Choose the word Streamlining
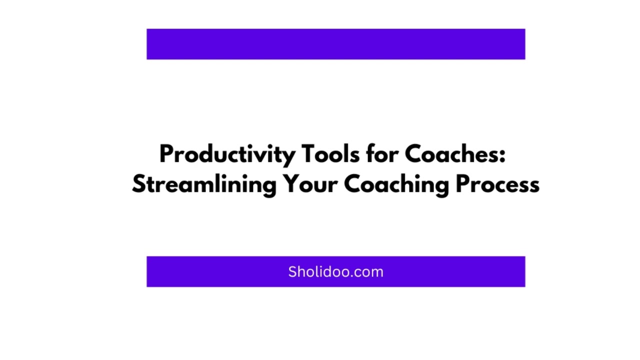click(x=204, y=185)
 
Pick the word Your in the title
click(x=310, y=184)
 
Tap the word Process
click(x=497, y=184)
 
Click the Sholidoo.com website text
click(x=335, y=272)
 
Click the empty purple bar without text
click(x=335, y=44)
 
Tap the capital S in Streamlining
click(x=138, y=184)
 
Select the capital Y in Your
click(x=291, y=184)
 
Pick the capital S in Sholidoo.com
click(x=292, y=272)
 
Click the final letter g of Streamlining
click(x=269, y=186)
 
